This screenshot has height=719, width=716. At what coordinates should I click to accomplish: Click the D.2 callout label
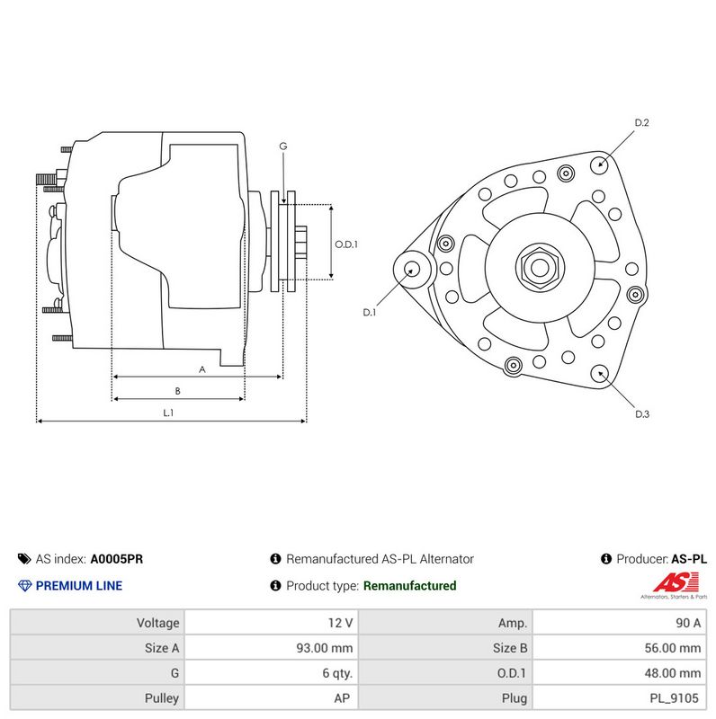click(641, 122)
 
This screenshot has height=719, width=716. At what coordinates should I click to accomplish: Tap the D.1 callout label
click(369, 312)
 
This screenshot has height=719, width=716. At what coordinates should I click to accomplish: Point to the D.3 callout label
click(642, 414)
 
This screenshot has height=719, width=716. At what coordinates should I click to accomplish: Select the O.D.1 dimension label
click(346, 244)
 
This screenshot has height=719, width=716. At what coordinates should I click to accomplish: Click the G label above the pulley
click(283, 146)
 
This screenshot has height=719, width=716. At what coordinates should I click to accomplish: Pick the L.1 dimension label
click(168, 413)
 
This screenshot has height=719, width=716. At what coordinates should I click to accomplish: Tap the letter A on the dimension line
click(202, 369)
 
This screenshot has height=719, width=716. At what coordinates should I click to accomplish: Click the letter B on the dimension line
click(177, 391)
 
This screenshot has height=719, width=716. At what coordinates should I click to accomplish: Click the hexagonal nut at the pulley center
click(540, 268)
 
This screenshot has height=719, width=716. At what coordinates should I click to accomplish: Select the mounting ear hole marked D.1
click(412, 269)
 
